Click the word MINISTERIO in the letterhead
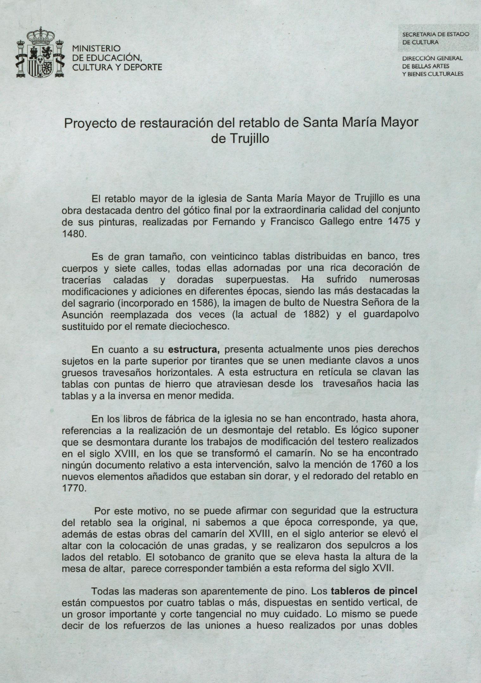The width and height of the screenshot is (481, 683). pyautogui.click(x=97, y=49)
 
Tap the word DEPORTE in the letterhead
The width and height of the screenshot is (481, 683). pyautogui.click(x=144, y=67)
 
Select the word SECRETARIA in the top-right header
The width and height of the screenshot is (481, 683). pyautogui.click(x=417, y=35)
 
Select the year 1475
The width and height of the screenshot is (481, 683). pyautogui.click(x=396, y=222)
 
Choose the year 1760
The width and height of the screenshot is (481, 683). pyautogui.click(x=383, y=465)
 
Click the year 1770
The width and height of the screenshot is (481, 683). pyautogui.click(x=73, y=488)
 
